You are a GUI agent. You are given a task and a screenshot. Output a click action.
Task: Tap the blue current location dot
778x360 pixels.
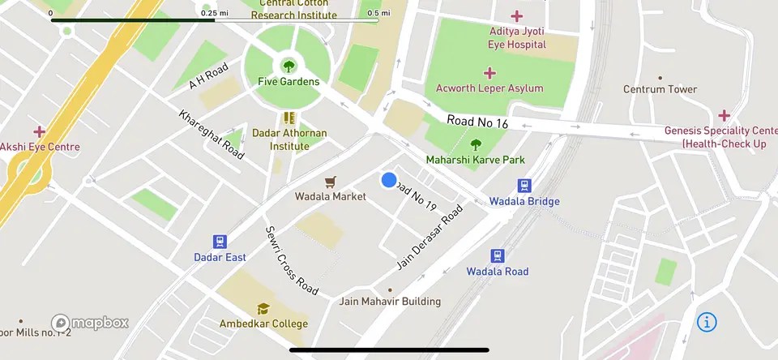(x=389, y=180)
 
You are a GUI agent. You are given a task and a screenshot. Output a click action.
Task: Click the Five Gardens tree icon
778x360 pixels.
(x=289, y=65)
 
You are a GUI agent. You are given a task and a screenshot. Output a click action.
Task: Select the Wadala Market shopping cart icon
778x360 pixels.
(x=330, y=182)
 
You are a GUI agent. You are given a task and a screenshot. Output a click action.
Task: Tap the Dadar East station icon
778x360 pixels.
(x=220, y=242)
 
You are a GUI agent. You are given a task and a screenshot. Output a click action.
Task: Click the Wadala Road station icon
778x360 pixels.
(x=498, y=255)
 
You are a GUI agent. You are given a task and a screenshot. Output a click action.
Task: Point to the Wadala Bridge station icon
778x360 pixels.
(x=524, y=186)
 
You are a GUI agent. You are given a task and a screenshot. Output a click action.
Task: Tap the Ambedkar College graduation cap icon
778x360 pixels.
(x=263, y=309)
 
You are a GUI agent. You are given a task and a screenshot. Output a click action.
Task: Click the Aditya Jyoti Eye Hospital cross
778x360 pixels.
(x=517, y=16)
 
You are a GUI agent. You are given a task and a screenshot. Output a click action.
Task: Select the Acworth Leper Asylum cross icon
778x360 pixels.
(x=489, y=73)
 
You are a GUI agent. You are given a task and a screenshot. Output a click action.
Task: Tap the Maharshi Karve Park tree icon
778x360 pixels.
(x=476, y=144)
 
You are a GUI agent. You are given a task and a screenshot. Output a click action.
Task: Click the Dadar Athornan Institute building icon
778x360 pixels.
(x=289, y=118)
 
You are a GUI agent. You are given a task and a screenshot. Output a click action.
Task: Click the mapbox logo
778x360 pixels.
(x=90, y=323)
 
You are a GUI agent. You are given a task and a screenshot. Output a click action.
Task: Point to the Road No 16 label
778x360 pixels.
(x=477, y=122)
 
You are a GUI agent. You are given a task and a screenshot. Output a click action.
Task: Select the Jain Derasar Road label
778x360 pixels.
(x=430, y=237)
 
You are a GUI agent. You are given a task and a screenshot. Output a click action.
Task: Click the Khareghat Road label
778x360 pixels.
(x=212, y=135)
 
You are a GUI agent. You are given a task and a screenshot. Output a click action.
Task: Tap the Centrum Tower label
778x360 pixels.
(x=660, y=89)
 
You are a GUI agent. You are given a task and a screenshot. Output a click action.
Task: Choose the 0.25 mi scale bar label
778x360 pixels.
(x=214, y=13)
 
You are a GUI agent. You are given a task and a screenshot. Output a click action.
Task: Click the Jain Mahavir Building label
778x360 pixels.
(x=391, y=302)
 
